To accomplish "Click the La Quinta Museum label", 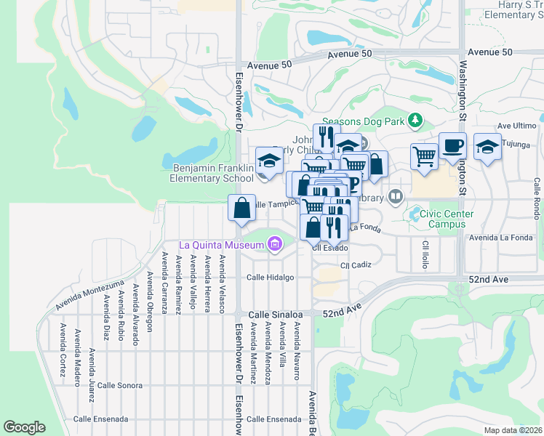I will click(x=215, y=245).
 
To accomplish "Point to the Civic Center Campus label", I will click(x=441, y=219).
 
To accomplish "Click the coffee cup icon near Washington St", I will click(x=452, y=145).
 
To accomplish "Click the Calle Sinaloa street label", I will click(x=275, y=314).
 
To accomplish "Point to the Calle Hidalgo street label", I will click(x=270, y=278).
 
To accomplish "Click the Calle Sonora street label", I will click(x=120, y=385).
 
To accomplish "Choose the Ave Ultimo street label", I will click(x=517, y=125).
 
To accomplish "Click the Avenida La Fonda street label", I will click(x=501, y=238).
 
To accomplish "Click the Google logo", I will click(x=24, y=427).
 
